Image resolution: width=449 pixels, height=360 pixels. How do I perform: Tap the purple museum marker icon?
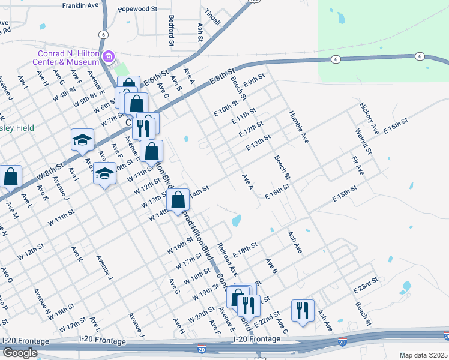click(109, 58)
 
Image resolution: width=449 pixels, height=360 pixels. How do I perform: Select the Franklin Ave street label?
click(80, 5)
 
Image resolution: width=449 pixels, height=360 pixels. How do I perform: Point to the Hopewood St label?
click(137, 10)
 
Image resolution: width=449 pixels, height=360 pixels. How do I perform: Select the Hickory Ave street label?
click(369, 118)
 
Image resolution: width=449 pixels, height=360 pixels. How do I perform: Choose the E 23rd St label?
click(366, 286)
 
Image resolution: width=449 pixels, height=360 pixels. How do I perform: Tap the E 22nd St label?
click(269, 317)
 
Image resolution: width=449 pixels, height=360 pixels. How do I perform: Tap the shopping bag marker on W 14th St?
click(178, 200)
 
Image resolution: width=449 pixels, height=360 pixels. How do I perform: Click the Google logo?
click(20, 353)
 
